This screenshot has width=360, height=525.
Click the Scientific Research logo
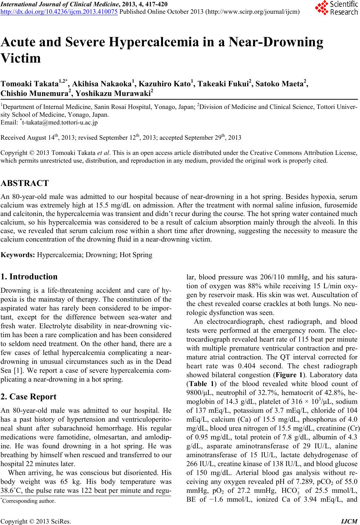[335, 9]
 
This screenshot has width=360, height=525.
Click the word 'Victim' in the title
[21, 59]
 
